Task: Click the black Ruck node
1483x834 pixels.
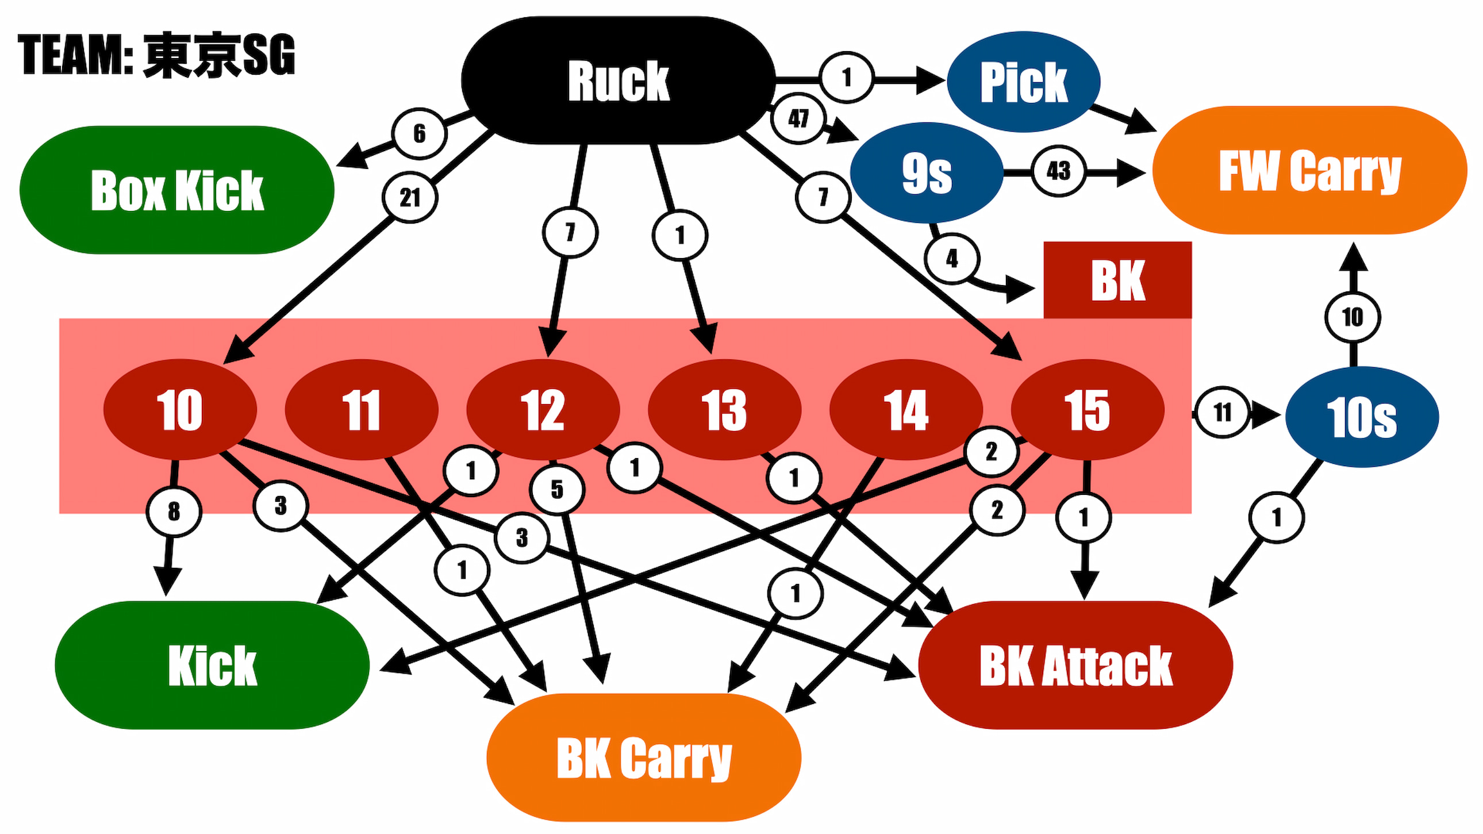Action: coord(618,80)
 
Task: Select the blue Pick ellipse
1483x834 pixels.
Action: coord(1024,82)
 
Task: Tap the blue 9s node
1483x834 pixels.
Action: coord(926,172)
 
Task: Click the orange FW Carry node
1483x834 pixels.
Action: coord(1310,170)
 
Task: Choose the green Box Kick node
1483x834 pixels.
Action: coord(176,190)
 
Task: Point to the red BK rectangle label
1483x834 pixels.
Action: coord(1117,280)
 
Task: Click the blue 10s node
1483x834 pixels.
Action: coord(1362,417)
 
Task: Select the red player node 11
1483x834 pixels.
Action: coord(362,410)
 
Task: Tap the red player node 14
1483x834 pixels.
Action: coord(905,410)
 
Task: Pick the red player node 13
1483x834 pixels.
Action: coord(724,410)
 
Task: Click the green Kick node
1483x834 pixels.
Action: coord(212,666)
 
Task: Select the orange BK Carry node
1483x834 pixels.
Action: coord(644,758)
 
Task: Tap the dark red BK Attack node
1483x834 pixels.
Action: coord(1075,666)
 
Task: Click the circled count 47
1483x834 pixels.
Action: coord(798,118)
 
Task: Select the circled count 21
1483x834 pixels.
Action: coord(410,198)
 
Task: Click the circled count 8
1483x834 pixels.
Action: coord(174,511)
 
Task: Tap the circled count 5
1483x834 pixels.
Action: coord(557,490)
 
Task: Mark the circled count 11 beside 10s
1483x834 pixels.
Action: coord(1222,412)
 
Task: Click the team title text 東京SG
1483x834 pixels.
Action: coord(219,55)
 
